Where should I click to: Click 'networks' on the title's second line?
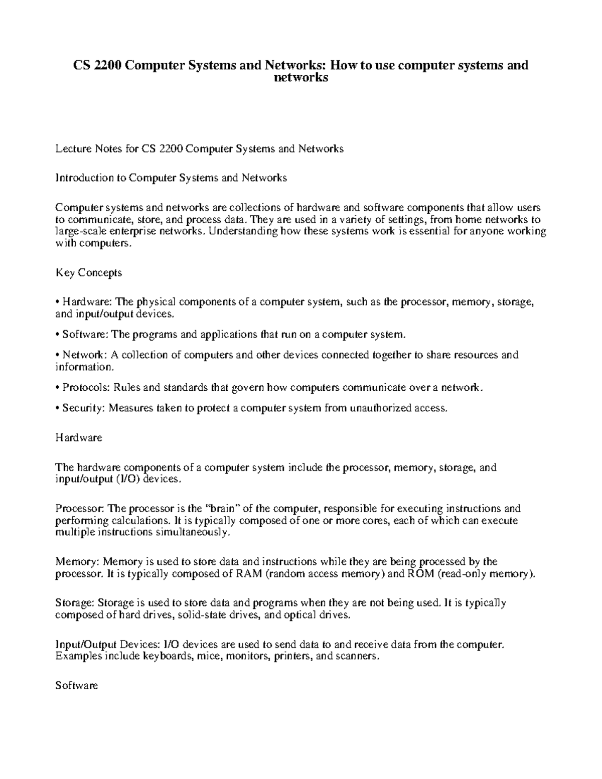pos(301,78)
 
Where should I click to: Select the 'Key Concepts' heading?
pos(88,273)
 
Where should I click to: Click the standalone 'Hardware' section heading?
pos(78,437)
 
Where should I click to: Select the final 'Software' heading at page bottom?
pos(76,686)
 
